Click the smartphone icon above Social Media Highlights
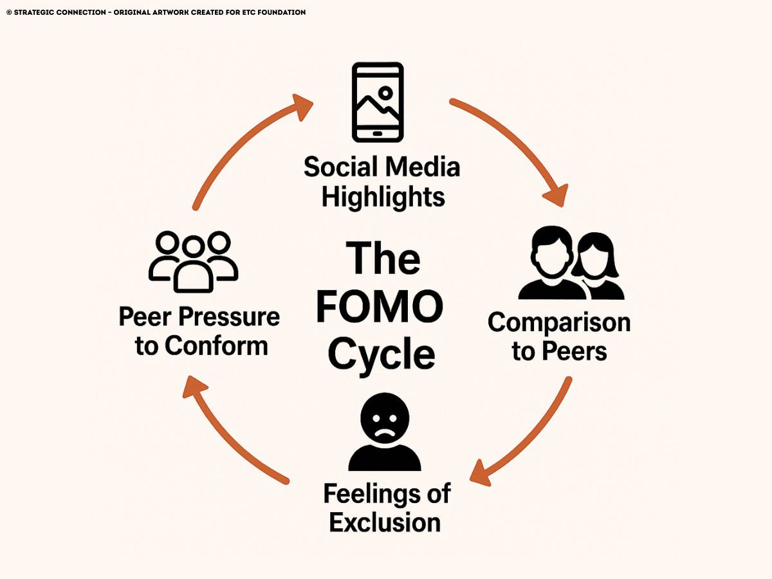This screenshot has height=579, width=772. tap(378, 102)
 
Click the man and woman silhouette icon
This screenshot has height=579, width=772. tap(571, 265)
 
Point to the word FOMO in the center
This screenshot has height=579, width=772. tap(380, 307)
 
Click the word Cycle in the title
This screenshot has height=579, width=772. tap(381, 354)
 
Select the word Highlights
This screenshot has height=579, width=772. tap(383, 196)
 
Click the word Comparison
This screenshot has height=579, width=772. tap(559, 322)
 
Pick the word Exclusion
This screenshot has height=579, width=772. tap(385, 522)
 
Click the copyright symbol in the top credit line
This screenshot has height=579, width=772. tap(8, 12)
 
